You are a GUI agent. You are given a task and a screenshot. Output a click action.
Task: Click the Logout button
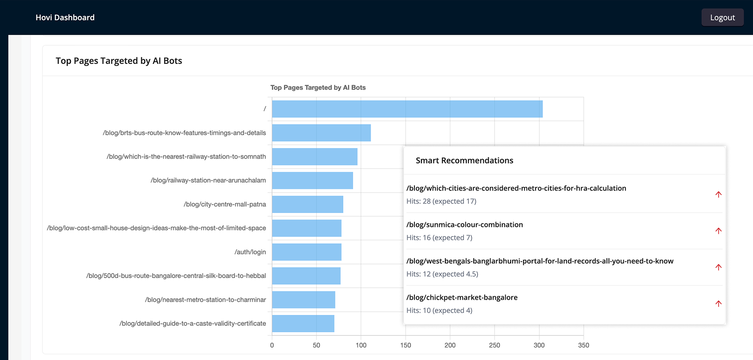tap(722, 17)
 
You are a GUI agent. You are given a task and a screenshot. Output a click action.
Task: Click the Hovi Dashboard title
tap(65, 17)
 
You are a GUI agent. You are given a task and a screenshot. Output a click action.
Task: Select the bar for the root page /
tap(407, 109)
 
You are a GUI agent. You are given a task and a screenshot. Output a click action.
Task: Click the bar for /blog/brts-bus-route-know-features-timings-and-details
tap(321, 133)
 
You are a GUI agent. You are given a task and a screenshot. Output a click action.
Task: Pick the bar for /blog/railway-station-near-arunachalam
tap(312, 180)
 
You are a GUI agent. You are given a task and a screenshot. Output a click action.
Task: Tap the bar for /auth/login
tap(306, 252)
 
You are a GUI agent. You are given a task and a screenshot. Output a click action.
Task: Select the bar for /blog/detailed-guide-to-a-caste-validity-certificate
tap(303, 324)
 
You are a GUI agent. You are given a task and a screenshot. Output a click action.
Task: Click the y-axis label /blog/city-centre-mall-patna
tap(224, 204)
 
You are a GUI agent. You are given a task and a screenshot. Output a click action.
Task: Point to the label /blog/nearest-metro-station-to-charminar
tap(205, 300)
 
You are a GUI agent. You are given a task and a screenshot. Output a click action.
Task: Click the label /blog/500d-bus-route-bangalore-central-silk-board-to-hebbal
tap(176, 276)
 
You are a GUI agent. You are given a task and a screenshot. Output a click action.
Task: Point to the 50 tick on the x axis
tap(316, 345)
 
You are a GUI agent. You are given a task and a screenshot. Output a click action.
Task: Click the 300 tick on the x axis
tap(539, 345)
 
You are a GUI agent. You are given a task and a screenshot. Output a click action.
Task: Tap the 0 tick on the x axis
tap(272, 345)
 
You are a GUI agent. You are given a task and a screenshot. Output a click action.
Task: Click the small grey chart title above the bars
tap(318, 87)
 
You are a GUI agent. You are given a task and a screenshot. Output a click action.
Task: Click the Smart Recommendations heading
tap(464, 161)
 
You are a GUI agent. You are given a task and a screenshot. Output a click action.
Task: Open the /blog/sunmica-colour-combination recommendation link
tap(464, 225)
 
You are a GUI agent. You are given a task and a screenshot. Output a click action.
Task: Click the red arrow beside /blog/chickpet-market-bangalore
tap(718, 304)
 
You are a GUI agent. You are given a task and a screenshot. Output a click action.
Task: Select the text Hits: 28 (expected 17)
tap(441, 201)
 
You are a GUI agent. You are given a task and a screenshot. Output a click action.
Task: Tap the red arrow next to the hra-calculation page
tap(718, 194)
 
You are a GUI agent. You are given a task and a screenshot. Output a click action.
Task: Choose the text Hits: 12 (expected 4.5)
tap(442, 274)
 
